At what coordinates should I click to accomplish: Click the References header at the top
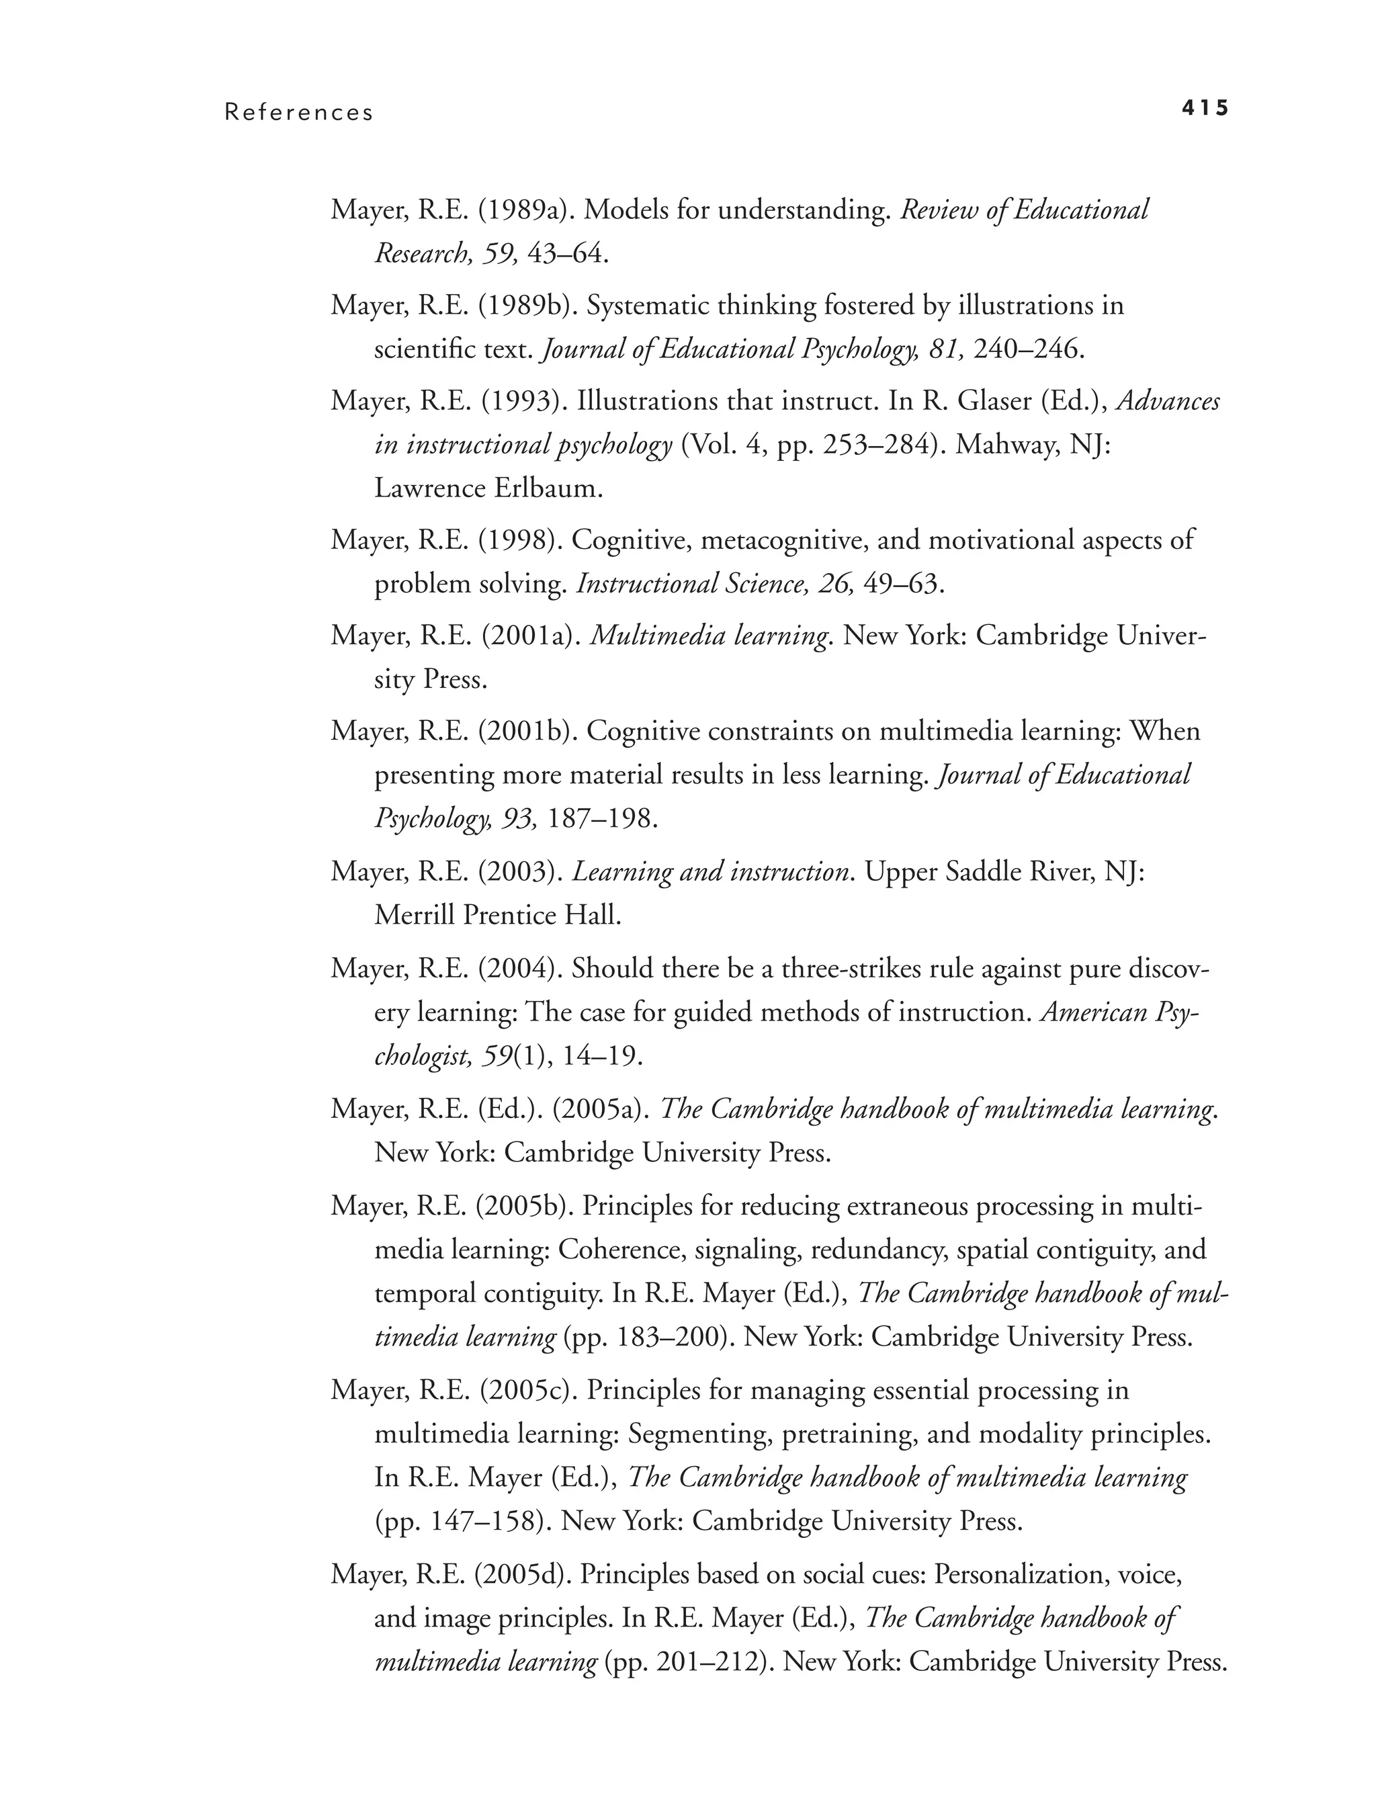point(298,113)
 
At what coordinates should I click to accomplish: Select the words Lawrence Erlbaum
point(488,488)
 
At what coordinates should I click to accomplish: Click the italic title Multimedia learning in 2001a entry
point(709,636)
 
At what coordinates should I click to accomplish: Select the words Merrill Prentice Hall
point(497,915)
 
